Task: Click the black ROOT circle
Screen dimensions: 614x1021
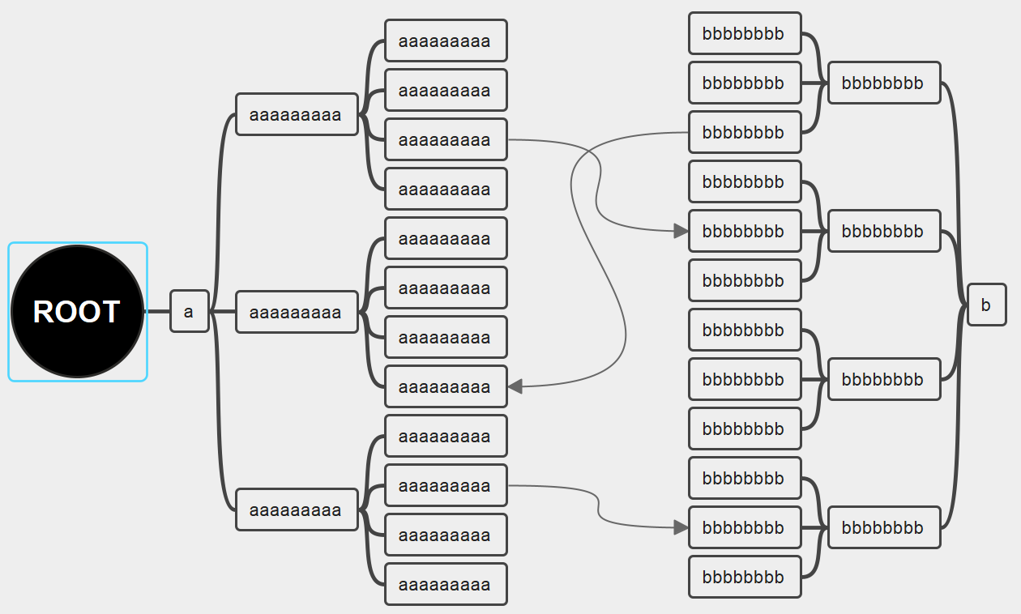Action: pyautogui.click(x=77, y=312)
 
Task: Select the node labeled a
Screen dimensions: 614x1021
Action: pyautogui.click(x=189, y=312)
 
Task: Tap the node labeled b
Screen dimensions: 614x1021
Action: pyautogui.click(x=986, y=305)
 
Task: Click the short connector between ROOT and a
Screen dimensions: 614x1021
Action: pyautogui.click(x=157, y=312)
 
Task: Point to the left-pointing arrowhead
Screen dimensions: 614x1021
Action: pyautogui.click(x=515, y=387)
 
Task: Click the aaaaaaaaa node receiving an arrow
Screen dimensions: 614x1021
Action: pyautogui.click(x=445, y=387)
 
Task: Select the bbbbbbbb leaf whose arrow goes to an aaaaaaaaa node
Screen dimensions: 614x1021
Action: pyautogui.click(x=744, y=133)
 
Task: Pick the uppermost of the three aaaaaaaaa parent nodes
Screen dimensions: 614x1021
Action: pyautogui.click(x=297, y=115)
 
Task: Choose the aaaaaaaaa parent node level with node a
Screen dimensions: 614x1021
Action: pyautogui.click(x=297, y=313)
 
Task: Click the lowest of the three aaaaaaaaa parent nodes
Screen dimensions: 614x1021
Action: pyautogui.click(x=297, y=510)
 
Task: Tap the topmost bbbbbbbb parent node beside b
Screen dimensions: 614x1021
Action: pyautogui.click(x=883, y=83)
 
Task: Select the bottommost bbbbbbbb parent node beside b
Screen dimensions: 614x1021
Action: pyautogui.click(x=883, y=528)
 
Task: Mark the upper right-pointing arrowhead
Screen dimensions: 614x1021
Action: pyautogui.click(x=681, y=232)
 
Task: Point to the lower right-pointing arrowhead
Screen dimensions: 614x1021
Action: pyautogui.click(x=681, y=528)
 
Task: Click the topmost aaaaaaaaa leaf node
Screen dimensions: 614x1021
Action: pyautogui.click(x=445, y=41)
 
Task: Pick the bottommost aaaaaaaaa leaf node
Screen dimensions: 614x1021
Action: pyautogui.click(x=445, y=585)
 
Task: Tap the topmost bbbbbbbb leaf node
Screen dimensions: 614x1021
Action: pyautogui.click(x=744, y=34)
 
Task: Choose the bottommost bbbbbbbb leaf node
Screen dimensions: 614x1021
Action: pyautogui.click(x=744, y=578)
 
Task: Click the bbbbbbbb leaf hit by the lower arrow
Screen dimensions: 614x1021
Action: pyautogui.click(x=744, y=528)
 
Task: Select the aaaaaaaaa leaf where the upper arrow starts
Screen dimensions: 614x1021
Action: pyautogui.click(x=445, y=140)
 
